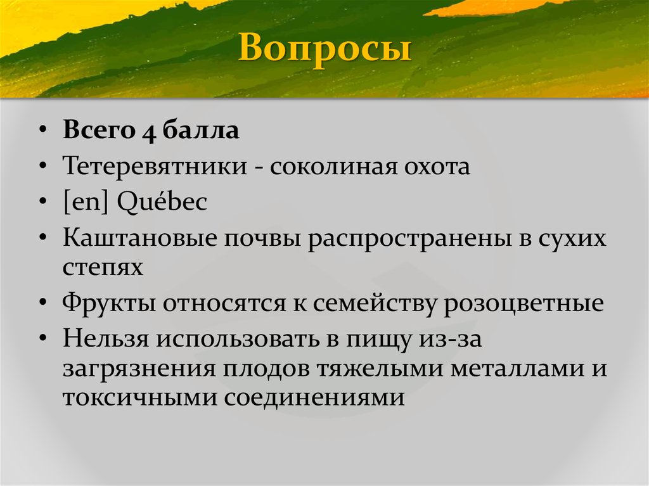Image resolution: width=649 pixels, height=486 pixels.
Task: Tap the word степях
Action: click(x=103, y=267)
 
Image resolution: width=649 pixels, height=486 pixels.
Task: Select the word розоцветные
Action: click(x=523, y=303)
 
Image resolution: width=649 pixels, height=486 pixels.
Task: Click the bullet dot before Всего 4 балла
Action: click(x=42, y=132)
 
